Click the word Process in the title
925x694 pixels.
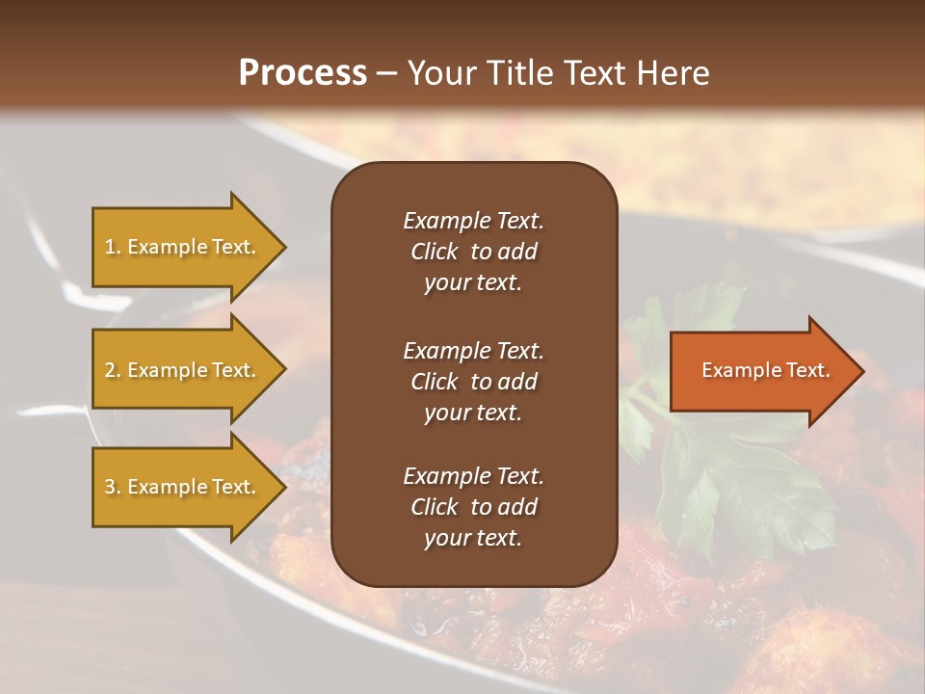pyautogui.click(x=303, y=73)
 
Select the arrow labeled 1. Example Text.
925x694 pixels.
pyautogui.click(x=183, y=247)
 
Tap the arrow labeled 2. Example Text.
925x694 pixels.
pyautogui.click(x=183, y=370)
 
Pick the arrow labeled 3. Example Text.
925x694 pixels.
pyautogui.click(x=183, y=487)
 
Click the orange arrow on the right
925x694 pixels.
pyautogui.click(x=761, y=370)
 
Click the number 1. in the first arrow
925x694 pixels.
pyautogui.click(x=113, y=247)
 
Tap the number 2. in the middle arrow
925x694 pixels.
pyautogui.click(x=113, y=370)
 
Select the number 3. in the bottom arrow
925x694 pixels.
pyautogui.click(x=113, y=487)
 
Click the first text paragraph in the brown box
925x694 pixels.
pyautogui.click(x=473, y=252)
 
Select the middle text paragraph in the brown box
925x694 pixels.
pyautogui.click(x=473, y=381)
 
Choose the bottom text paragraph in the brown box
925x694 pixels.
pyautogui.click(x=473, y=507)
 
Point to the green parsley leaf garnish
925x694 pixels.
pyautogui.click(x=732, y=472)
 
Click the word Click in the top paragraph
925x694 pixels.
pyautogui.click(x=434, y=252)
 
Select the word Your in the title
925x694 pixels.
pyautogui.click(x=441, y=73)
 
